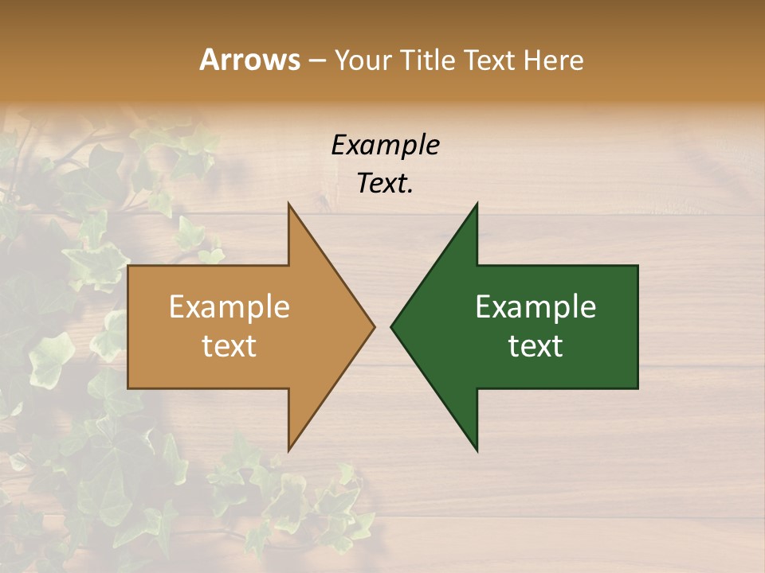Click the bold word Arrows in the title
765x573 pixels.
pyautogui.click(x=249, y=60)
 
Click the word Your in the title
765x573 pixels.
pyautogui.click(x=363, y=60)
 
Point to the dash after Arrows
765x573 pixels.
pyautogui.click(x=316, y=61)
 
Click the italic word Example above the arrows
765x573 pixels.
pyautogui.click(x=385, y=145)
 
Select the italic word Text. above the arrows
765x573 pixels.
pyautogui.click(x=385, y=183)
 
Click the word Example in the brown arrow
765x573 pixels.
pyautogui.click(x=229, y=306)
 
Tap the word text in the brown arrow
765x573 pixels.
pyautogui.click(x=229, y=346)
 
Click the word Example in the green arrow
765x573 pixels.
pyautogui.click(x=535, y=306)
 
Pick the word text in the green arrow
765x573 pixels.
pyautogui.click(x=535, y=346)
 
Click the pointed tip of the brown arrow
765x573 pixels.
pyautogui.click(x=374, y=326)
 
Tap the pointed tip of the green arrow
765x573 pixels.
pyautogui.click(x=392, y=326)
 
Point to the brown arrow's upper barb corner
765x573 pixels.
pyautogui.click(x=289, y=204)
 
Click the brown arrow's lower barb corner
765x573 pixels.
pyautogui.click(x=289, y=450)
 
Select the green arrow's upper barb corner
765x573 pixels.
pyautogui.click(x=477, y=204)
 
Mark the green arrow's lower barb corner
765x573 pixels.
pyautogui.click(x=477, y=450)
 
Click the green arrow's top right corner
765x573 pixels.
pyautogui.click(x=637, y=266)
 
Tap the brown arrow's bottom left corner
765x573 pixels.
pyautogui.click(x=129, y=388)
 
